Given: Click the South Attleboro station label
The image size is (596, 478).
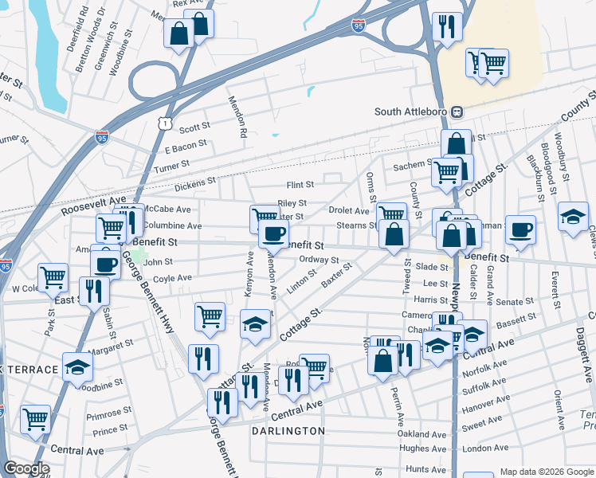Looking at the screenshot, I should tap(412, 112).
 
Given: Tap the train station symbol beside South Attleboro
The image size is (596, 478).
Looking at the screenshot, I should tap(457, 112).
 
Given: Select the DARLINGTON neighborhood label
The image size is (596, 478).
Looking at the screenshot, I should tap(288, 431).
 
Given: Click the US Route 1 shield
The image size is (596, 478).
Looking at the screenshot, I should tap(163, 123).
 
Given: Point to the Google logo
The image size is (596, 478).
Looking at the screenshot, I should tap(26, 468).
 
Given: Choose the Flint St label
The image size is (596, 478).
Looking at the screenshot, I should tap(300, 184).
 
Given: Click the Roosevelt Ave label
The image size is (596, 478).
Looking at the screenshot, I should tap(94, 205).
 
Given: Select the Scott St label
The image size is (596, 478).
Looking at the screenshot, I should tap(194, 127).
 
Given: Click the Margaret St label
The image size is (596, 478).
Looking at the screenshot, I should tap(111, 345).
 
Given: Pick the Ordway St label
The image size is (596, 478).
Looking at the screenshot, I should tap(320, 259).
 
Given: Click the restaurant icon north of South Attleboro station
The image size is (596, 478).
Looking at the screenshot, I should tap(447, 25).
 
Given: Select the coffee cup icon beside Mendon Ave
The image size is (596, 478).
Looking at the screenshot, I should tap(273, 233).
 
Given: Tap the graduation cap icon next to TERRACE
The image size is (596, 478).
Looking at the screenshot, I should tap(77, 367).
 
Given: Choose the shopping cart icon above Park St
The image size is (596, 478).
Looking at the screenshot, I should tap(53, 277).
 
